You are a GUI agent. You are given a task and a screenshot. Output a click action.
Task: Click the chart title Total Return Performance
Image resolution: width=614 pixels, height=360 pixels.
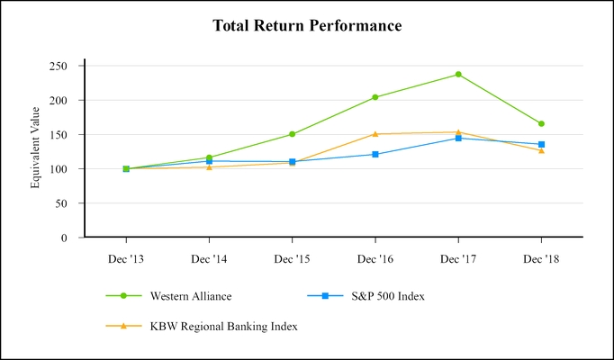coord(307,26)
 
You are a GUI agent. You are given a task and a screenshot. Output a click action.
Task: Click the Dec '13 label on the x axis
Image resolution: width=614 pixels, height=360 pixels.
coord(126,258)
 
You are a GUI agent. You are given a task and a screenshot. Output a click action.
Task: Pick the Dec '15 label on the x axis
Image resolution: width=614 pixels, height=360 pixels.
coord(292,258)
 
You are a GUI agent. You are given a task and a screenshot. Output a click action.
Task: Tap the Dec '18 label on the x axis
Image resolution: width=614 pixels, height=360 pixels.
coord(541,258)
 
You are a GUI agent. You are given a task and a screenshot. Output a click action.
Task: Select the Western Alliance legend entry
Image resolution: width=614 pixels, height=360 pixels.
coord(185,295)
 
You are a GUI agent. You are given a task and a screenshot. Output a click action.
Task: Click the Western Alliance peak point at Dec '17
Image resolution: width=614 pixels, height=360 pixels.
coord(458,75)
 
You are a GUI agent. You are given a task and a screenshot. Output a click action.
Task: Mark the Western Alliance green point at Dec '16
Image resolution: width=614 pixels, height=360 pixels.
coord(375,97)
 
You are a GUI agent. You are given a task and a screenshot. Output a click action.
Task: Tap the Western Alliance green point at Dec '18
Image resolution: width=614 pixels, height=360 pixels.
coord(541,124)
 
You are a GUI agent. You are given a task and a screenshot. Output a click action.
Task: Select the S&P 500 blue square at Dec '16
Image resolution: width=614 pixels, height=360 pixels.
coord(375,154)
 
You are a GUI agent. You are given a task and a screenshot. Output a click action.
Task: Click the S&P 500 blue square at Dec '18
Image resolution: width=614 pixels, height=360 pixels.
coord(541,144)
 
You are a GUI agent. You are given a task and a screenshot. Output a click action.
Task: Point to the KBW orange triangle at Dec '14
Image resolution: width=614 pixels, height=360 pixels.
coord(209,166)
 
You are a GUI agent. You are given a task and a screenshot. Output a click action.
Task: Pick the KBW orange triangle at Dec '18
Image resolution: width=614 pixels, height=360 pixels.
coord(541,150)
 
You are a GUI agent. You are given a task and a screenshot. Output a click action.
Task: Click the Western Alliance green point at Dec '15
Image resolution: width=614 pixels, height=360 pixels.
coord(292,134)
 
